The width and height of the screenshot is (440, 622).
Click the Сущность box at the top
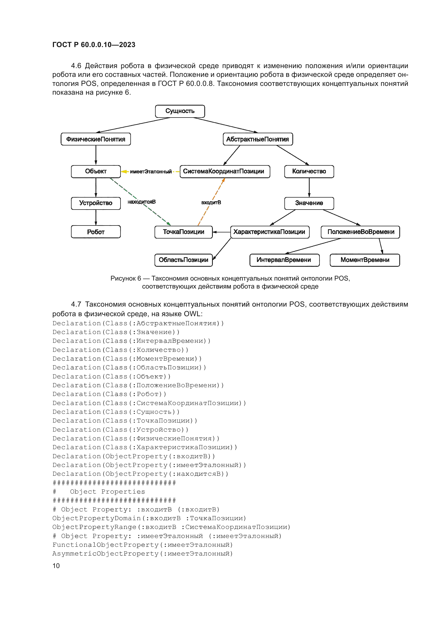(180, 111)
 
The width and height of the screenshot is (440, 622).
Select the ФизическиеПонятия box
(96, 139)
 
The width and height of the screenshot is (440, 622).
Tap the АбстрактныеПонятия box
(258, 139)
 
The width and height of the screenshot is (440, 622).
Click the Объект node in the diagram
(96, 172)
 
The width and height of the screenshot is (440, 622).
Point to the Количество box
(309, 172)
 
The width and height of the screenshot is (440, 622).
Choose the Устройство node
(96, 203)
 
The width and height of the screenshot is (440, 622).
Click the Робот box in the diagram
(96, 232)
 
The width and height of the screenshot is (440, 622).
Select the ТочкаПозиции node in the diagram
(184, 232)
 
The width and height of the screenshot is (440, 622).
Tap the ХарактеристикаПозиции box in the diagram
(269, 232)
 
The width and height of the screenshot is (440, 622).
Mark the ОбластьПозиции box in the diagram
(184, 260)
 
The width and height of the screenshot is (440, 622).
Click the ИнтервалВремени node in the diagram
(284, 260)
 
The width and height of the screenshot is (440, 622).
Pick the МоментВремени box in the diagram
(365, 260)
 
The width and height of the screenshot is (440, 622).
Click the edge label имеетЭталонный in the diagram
(151, 172)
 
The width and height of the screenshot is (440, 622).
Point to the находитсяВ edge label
(142, 202)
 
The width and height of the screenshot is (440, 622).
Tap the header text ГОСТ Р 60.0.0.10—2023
(94, 45)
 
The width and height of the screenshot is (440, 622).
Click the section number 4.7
(76, 304)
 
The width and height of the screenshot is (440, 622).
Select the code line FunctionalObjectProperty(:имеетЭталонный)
(143, 545)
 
